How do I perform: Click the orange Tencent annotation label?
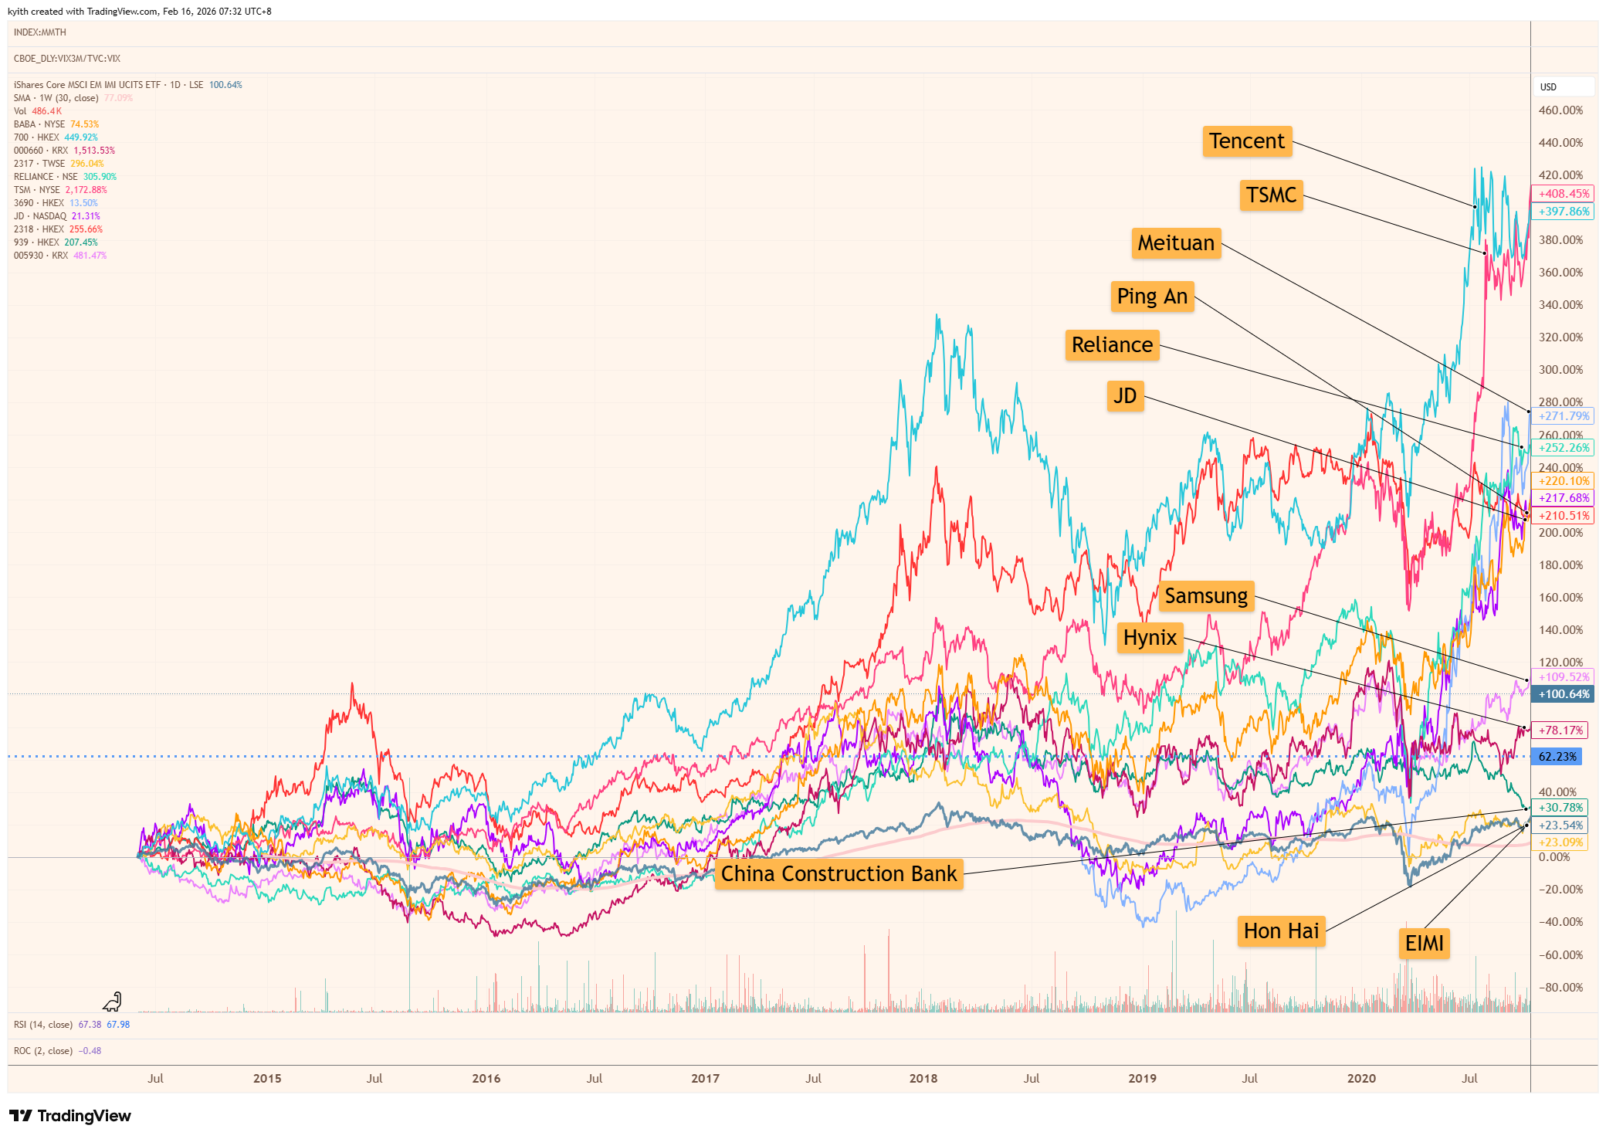click(x=1246, y=141)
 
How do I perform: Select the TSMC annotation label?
click(x=1271, y=195)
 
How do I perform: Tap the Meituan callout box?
click(x=1176, y=243)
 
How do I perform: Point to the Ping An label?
click(x=1152, y=297)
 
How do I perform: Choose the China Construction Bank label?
click(x=839, y=874)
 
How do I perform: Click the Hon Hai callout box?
click(x=1281, y=931)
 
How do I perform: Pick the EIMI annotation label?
click(x=1424, y=944)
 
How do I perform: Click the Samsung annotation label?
click(x=1206, y=596)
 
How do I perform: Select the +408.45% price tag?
click(x=1563, y=194)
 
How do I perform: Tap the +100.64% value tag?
click(x=1563, y=694)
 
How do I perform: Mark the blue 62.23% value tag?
click(x=1557, y=757)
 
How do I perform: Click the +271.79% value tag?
click(x=1563, y=416)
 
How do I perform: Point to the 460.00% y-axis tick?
click(x=1560, y=110)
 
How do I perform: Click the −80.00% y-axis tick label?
click(x=1560, y=988)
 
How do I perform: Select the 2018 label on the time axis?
click(x=923, y=1079)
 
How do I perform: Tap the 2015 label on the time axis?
click(x=267, y=1079)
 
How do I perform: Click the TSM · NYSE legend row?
click(x=60, y=190)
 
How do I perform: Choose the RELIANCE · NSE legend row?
click(x=65, y=177)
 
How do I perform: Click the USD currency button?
click(x=1549, y=87)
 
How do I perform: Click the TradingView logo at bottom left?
click(x=70, y=1116)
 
